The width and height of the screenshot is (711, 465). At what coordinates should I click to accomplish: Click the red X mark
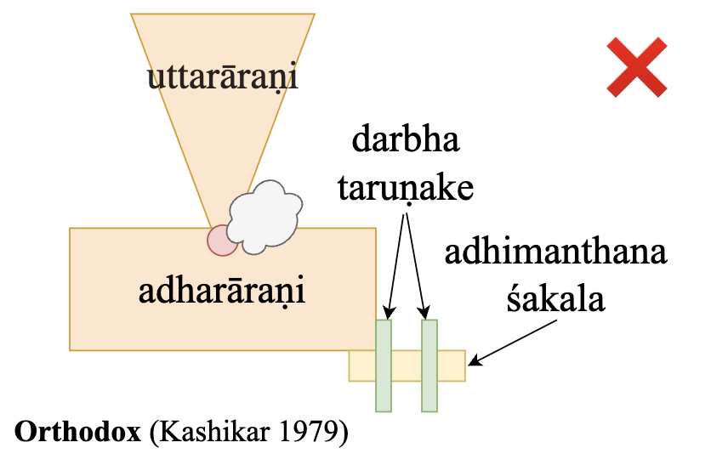[637, 67]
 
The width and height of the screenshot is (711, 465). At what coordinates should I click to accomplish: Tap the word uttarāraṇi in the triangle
[226, 78]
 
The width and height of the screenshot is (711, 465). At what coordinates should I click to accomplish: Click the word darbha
[406, 139]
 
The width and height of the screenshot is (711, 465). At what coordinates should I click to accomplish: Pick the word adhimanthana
[556, 254]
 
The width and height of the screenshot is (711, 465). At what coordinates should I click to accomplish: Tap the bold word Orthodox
[77, 431]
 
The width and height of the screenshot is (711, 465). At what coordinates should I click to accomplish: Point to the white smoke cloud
[264, 217]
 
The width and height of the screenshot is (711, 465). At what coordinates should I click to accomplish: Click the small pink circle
[223, 240]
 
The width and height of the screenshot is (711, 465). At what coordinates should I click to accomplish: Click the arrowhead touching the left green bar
[390, 312]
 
